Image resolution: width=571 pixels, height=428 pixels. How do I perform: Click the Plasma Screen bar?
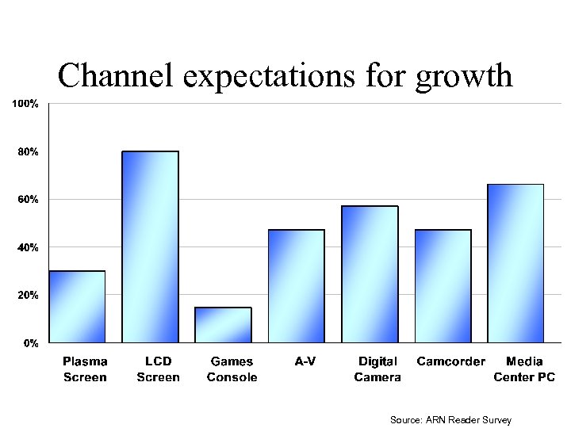[x=77, y=307]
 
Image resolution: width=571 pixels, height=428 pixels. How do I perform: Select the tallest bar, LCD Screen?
[x=150, y=246]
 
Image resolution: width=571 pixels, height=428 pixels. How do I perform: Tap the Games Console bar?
[x=223, y=325]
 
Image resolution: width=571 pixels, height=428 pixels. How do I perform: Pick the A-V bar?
[x=297, y=286]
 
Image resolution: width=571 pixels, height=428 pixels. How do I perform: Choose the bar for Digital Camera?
[x=370, y=274]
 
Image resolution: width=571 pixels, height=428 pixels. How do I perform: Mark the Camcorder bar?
[x=443, y=286]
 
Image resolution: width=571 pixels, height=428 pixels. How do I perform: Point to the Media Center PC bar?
[x=515, y=263]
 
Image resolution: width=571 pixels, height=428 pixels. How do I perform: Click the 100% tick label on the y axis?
[x=25, y=104]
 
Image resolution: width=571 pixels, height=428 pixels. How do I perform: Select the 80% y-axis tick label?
[x=27, y=151]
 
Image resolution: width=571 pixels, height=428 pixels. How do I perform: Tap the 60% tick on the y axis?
[x=27, y=200]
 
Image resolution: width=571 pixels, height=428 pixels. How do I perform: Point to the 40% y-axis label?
[x=27, y=248]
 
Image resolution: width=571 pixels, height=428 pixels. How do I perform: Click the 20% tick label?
[x=27, y=296]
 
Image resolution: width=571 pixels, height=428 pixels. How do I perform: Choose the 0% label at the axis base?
[x=30, y=344]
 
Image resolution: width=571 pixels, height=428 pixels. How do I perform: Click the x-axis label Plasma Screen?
[x=85, y=369]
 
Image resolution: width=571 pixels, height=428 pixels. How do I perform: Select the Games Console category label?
[x=232, y=369]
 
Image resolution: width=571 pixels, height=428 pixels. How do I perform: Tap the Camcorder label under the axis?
[x=450, y=361]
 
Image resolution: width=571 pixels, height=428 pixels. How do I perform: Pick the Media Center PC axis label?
[x=524, y=369]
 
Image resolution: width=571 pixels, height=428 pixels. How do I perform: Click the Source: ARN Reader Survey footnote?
[x=450, y=420]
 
